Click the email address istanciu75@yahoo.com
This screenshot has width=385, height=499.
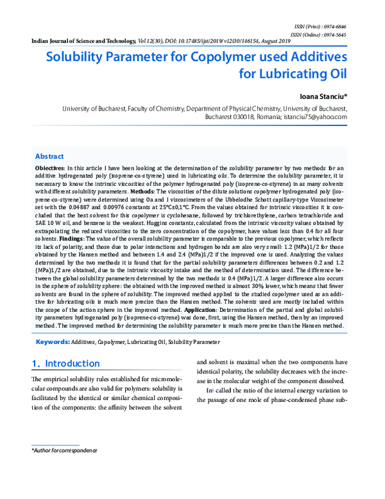click(315, 118)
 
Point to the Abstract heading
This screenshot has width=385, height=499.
click(49, 156)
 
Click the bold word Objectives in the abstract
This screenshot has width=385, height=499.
click(49, 167)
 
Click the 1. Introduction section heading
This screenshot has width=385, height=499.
click(66, 363)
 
